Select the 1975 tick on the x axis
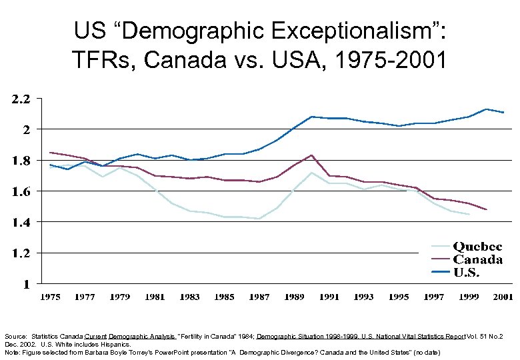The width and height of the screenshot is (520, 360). pyautogui.click(x=50, y=297)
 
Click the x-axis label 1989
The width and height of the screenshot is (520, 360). pyautogui.click(x=294, y=297)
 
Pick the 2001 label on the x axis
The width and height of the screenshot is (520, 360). pyautogui.click(x=503, y=297)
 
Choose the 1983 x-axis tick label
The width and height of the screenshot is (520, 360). pyautogui.click(x=189, y=297)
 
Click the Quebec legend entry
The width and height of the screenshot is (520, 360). pyautogui.click(x=477, y=247)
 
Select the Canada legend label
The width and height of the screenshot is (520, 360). pyautogui.click(x=477, y=260)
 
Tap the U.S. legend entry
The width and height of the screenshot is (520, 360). pyautogui.click(x=467, y=273)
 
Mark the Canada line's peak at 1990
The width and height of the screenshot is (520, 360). pyautogui.click(x=311, y=155)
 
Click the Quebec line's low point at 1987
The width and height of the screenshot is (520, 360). pyautogui.click(x=259, y=219)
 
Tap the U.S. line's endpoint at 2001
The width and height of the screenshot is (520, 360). pyautogui.click(x=503, y=113)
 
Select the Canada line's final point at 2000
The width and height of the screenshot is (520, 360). pyautogui.click(x=486, y=210)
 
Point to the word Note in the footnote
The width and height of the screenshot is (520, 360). pyautogui.click(x=11, y=351)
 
